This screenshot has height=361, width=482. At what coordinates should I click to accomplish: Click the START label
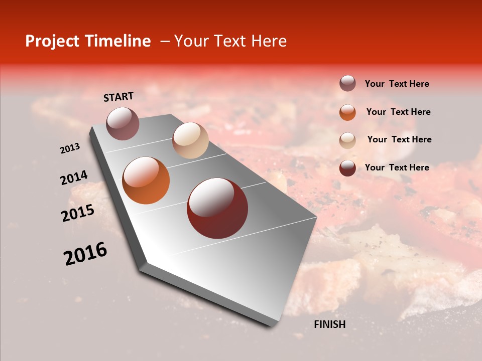(118, 97)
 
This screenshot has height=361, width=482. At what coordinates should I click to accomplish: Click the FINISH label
(330, 324)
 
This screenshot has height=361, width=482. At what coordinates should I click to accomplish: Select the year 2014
(74, 178)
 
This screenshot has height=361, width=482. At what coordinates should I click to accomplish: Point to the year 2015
(78, 213)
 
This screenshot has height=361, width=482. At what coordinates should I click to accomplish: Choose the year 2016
(85, 254)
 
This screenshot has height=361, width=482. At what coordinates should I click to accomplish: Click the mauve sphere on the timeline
(123, 123)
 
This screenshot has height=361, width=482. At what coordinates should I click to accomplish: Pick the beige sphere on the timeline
(190, 140)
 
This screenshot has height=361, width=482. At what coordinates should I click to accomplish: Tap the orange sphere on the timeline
(146, 180)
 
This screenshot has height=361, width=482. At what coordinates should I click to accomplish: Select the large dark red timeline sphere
(217, 208)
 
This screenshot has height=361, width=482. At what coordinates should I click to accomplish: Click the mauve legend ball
(347, 83)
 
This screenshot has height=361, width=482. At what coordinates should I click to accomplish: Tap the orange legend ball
(347, 112)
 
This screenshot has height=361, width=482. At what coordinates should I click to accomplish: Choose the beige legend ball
(347, 140)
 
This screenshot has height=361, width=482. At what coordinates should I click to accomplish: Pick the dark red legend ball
(347, 168)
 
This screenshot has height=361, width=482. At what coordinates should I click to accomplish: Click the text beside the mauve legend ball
(397, 84)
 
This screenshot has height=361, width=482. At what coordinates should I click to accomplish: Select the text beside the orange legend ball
(398, 112)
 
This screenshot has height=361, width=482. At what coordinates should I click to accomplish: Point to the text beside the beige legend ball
(399, 139)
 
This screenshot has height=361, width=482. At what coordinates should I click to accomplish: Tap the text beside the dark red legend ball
(397, 167)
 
